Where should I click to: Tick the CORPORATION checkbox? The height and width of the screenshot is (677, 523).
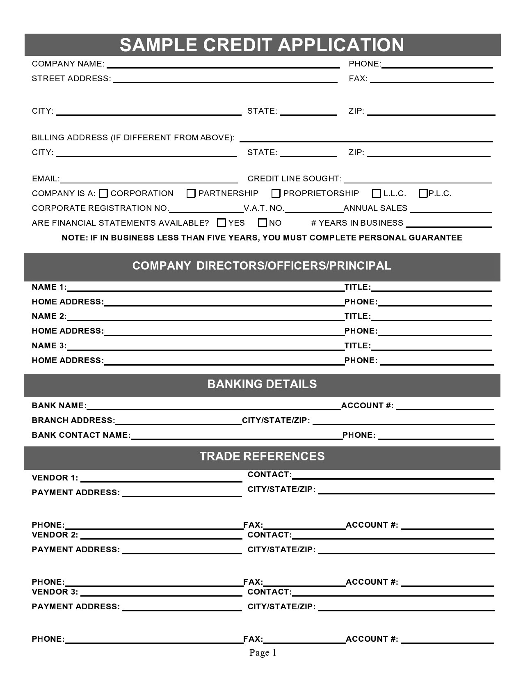tap(103, 193)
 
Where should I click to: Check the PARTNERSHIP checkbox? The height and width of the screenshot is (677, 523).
tap(191, 193)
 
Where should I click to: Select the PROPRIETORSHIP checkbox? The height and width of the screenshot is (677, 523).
tap(276, 193)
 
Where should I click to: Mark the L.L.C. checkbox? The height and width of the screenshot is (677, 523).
tap(376, 193)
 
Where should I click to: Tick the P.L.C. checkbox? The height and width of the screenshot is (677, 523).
tap(423, 193)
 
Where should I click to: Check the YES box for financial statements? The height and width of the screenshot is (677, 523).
tap(222, 223)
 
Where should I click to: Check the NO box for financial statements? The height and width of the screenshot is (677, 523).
tap(263, 223)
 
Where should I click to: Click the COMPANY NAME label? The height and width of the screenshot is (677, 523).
tap(68, 64)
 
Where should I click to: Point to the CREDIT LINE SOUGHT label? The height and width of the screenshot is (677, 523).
tap(295, 178)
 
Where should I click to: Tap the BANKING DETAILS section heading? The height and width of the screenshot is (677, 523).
tap(262, 384)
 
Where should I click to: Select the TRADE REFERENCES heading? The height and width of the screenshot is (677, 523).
tap(262, 456)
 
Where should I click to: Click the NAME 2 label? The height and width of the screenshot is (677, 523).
tap(49, 316)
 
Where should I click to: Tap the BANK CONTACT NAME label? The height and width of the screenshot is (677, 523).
tap(81, 435)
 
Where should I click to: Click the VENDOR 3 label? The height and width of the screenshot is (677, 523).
tap(55, 592)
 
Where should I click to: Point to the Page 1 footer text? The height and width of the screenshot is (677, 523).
tap(263, 652)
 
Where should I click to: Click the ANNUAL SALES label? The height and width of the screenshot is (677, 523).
tap(375, 208)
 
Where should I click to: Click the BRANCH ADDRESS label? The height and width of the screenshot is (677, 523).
tap(73, 420)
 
